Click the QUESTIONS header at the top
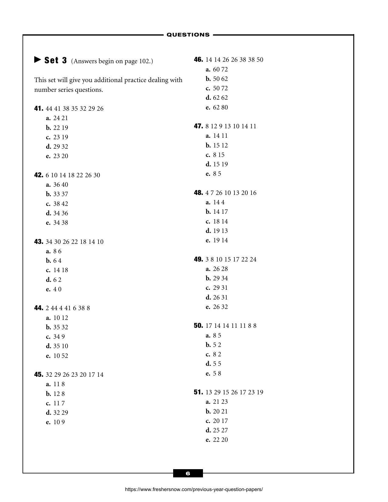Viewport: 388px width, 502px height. pos(188,35)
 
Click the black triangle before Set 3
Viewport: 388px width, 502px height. pos(38,60)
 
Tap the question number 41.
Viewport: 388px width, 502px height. pos(39,109)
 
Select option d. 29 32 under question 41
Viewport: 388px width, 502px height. pos(57,147)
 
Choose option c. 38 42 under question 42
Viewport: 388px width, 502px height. pos(57,204)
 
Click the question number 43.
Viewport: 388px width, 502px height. pos(39,242)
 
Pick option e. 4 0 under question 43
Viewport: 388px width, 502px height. pos(54,289)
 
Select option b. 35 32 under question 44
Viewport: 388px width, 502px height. pos(57,327)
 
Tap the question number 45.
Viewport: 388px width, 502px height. pos(39,375)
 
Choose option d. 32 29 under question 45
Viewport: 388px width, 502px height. pos(57,413)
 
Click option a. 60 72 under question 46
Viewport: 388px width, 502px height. pos(217,69)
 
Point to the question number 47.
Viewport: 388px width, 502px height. pos(198,126)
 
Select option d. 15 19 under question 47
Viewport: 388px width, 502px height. pos(217,164)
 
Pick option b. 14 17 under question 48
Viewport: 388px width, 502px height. pos(217,212)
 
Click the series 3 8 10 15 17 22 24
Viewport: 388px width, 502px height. pos(231,259)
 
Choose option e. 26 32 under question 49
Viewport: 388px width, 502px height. pos(217,307)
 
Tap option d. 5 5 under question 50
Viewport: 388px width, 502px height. pos(214,364)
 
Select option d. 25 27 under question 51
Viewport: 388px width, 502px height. pos(217,430)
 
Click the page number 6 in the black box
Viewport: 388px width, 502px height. pos(188,473)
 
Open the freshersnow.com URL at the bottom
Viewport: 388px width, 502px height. pos(194,490)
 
